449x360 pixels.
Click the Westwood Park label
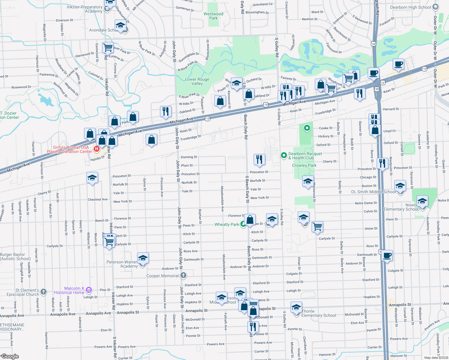click(213, 16)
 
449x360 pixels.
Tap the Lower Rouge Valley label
click(197, 81)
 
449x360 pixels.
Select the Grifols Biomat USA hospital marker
click(97, 149)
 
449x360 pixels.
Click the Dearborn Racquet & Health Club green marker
click(284, 155)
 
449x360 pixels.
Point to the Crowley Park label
click(304, 165)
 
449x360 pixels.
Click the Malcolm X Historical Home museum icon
click(89, 290)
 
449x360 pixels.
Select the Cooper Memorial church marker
click(183, 275)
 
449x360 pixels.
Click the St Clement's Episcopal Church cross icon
click(44, 292)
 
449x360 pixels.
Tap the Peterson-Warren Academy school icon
click(143, 258)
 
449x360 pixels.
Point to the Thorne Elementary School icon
click(296, 308)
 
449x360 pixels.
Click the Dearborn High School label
click(410, 7)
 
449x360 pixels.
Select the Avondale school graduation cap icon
click(120, 25)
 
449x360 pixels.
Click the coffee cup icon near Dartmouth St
click(387, 256)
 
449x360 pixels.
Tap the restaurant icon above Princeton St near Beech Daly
click(259, 159)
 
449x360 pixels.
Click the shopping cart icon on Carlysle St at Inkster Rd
click(109, 241)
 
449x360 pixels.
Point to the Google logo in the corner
click(10, 356)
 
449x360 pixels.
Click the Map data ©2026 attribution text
click(436, 358)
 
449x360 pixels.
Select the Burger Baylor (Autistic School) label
click(15, 256)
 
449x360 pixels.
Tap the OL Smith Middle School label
click(373, 192)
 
